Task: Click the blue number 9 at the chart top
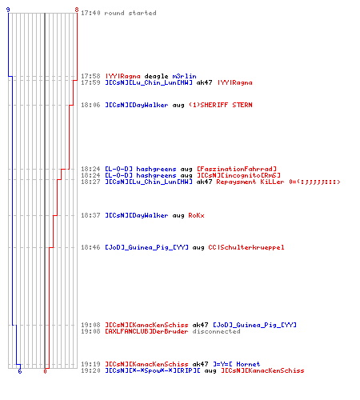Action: point(8,10)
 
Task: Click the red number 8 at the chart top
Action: point(77,10)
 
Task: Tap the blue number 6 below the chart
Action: point(20,371)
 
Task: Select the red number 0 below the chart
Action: point(45,371)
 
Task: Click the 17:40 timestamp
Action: point(90,13)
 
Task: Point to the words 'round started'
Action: point(130,13)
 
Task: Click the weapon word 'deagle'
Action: point(156,76)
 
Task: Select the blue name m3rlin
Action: point(184,76)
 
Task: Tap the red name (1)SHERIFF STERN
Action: point(221,105)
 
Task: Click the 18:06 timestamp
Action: point(90,105)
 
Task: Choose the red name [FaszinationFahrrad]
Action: point(237,169)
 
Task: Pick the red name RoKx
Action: point(196,215)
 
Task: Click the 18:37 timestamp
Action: point(90,215)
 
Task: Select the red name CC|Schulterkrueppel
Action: point(246,247)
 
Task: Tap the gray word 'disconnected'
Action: point(216,331)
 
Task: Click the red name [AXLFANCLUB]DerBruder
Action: point(146,331)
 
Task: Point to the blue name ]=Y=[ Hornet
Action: point(237,364)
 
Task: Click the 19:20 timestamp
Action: point(90,370)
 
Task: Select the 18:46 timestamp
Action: point(90,247)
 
